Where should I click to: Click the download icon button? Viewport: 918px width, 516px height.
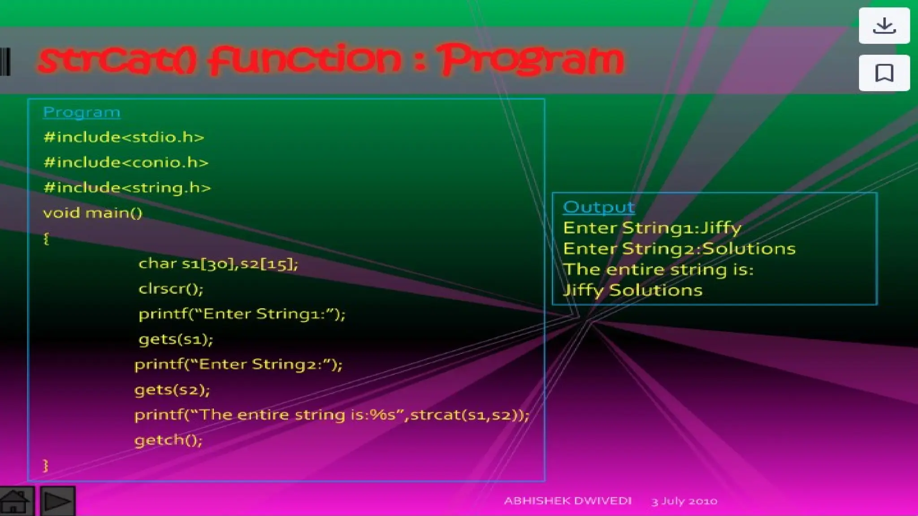(x=884, y=26)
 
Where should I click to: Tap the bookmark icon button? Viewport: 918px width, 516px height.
(x=884, y=73)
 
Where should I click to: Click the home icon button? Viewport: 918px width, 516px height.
(x=16, y=501)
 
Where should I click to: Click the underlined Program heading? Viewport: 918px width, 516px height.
(x=82, y=112)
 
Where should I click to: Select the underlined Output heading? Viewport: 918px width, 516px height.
(x=599, y=207)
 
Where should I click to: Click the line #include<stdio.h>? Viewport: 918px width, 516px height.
(x=124, y=137)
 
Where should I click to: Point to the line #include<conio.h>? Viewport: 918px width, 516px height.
(x=126, y=162)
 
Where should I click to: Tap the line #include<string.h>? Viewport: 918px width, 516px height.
(x=127, y=188)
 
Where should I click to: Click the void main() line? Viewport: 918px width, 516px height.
(x=93, y=213)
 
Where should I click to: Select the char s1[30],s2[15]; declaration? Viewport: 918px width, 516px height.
(x=218, y=264)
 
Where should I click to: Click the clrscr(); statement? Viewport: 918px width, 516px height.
(x=171, y=289)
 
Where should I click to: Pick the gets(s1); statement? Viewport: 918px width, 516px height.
(x=176, y=340)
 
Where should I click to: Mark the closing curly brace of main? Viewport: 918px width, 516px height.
(x=46, y=465)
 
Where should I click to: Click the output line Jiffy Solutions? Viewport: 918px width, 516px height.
(x=632, y=290)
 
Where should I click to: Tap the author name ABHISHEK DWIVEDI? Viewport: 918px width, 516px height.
(x=567, y=501)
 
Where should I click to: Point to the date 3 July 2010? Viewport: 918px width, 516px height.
(x=684, y=501)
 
